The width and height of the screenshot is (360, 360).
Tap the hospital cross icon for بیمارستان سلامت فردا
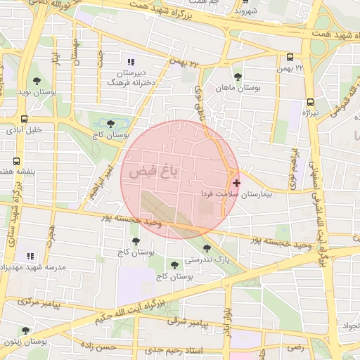coord(236,183)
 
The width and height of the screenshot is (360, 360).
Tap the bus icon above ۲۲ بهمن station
coord(290,58)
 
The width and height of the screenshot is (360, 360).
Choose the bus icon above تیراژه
coord(311,102)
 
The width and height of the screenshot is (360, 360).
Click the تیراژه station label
coord(311,112)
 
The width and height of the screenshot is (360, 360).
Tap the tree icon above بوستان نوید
coord(37,82)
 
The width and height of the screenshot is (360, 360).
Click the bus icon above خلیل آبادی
coord(25,119)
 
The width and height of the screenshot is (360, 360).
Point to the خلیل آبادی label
coord(25,129)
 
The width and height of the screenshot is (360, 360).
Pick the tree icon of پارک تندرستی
coord(206,247)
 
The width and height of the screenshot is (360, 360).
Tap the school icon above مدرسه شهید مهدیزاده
coord(30,256)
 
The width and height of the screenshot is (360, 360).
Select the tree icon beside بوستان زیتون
coord(25,330)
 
